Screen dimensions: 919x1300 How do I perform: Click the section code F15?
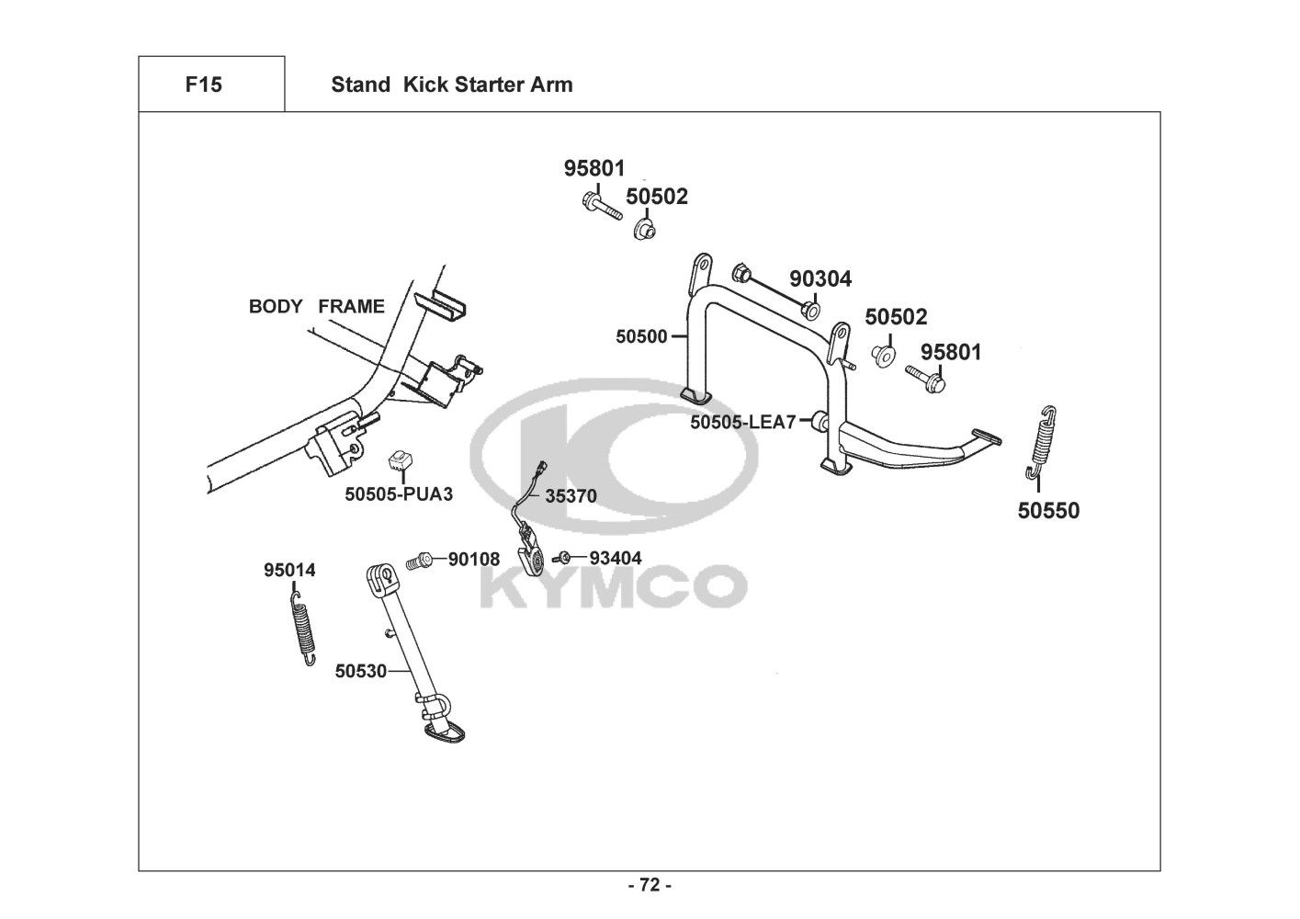pos(203,85)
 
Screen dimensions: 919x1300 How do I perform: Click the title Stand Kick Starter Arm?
pos(451,85)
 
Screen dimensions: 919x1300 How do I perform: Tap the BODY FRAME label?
pos(316,307)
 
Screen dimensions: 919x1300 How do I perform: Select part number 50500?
pos(641,337)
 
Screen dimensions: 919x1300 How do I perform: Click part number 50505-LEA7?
pos(742,423)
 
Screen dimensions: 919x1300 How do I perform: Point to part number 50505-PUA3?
pos(399,494)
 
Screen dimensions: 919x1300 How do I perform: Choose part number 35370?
pos(571,497)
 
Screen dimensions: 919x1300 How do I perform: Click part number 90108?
pos(474,559)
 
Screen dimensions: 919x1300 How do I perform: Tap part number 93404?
pos(615,559)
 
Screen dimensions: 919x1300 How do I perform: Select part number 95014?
pos(289,571)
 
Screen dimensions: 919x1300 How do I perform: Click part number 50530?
pos(360,672)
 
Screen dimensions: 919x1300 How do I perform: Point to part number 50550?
pos(1048,511)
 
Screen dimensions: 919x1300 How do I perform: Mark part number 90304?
pos(820,279)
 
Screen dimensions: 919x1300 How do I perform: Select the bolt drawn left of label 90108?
pos(420,559)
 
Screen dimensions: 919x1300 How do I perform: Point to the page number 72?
pos(650,886)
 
